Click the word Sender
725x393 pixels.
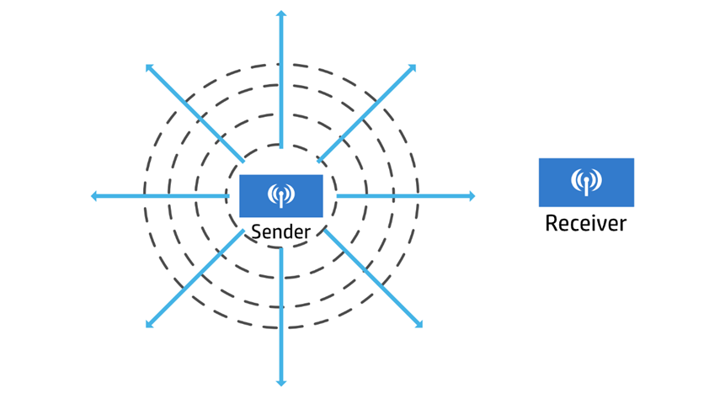280,231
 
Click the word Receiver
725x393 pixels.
586,223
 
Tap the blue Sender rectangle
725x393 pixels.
281,196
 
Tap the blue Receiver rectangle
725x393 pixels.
586,183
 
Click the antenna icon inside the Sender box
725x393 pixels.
281,195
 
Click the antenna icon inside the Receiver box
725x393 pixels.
586,182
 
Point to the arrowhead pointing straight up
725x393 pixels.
281,13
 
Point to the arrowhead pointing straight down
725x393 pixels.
281,382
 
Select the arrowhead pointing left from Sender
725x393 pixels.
93,196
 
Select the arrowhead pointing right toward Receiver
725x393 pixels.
472,196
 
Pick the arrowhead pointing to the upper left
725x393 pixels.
149,67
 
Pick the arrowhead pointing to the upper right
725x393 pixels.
413,68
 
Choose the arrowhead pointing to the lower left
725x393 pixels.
149,325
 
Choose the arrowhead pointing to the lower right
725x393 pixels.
418,324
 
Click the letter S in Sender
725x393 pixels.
256,231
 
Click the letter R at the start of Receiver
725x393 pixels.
552,223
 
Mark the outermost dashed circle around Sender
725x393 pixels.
281,64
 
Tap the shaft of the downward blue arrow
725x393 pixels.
281,315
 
